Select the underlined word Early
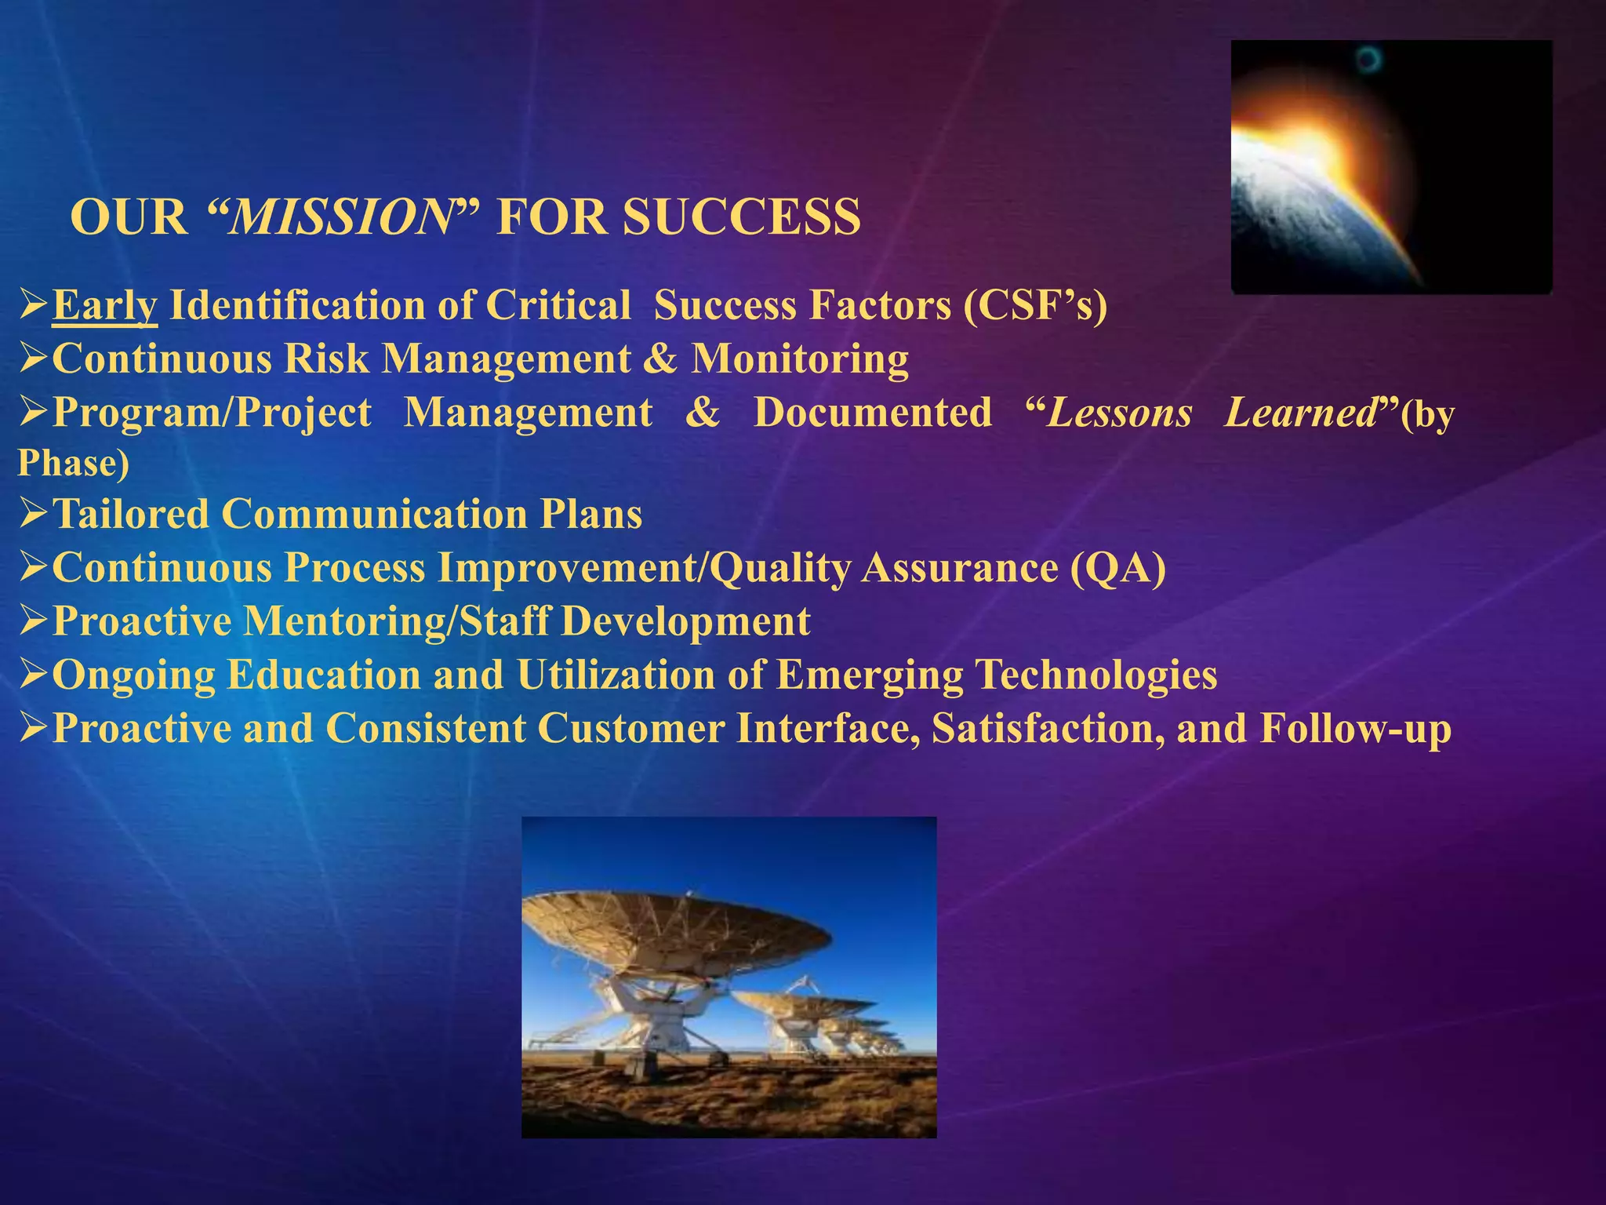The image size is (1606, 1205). (105, 305)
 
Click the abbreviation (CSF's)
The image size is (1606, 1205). (1035, 305)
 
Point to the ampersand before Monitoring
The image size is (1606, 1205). (659, 359)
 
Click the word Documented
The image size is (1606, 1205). (872, 413)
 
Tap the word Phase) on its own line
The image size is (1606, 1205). (73, 463)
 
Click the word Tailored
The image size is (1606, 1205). (131, 515)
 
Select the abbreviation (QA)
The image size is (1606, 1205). (1117, 567)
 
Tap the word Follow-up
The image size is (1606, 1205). (1355, 728)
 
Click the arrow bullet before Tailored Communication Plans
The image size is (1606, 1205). (33, 515)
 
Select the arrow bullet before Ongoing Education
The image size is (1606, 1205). (33, 675)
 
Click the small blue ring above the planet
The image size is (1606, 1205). (1369, 59)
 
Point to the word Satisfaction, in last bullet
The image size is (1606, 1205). (1048, 728)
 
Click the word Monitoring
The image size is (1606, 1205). (799, 359)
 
